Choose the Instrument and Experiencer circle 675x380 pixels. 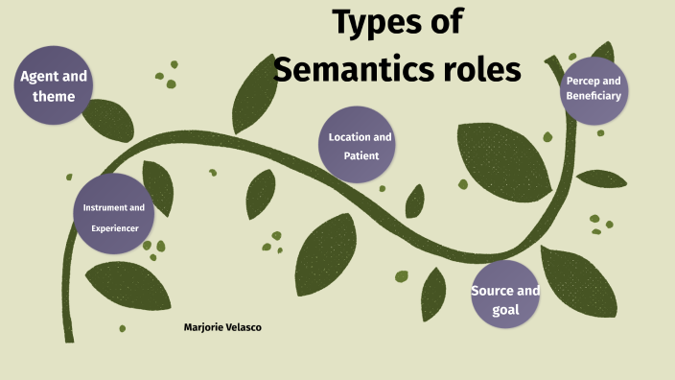coord(114,213)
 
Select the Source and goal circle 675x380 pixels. coord(505,295)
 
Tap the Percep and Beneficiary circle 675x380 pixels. coord(594,89)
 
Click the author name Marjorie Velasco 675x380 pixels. coord(222,327)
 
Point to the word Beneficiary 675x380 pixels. coord(594,96)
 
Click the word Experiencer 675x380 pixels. coord(115,228)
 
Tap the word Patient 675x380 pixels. coord(361,155)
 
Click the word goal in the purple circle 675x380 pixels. coord(504,309)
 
